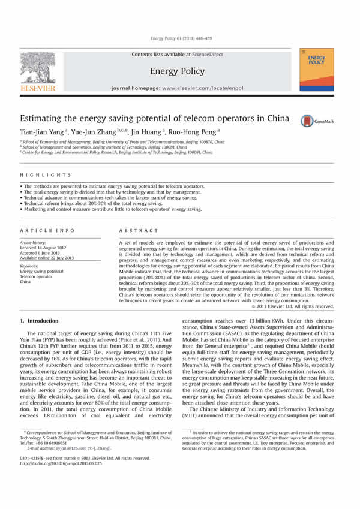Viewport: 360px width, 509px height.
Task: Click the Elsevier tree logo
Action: [x=38, y=68]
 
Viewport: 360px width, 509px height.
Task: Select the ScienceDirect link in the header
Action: [x=207, y=55]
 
